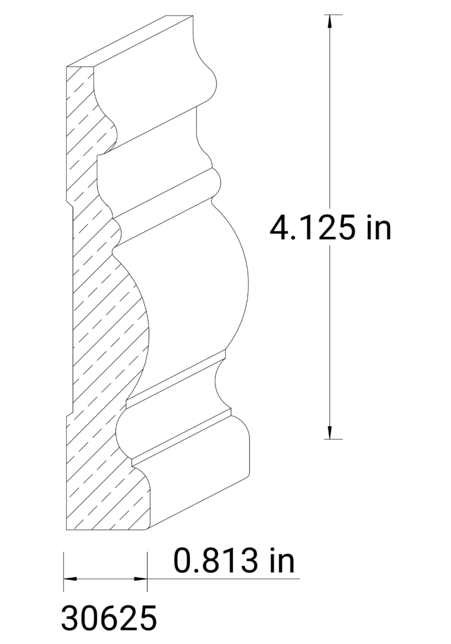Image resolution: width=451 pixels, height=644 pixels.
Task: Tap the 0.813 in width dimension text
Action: coord(234,561)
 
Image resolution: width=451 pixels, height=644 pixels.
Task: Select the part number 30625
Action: coord(109,618)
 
